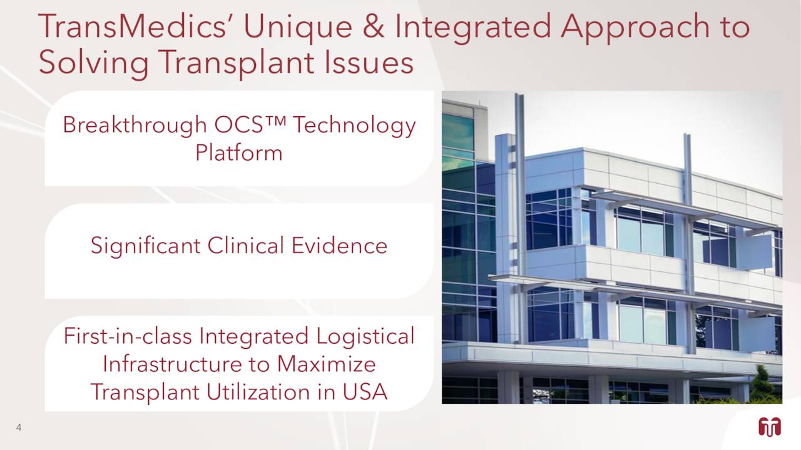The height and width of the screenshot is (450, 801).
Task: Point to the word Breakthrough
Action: coord(135,126)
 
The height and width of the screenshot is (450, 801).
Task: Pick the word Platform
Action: coord(239,153)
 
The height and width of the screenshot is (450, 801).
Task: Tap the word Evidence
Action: coord(339,246)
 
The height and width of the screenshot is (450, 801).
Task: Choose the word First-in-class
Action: coord(128,336)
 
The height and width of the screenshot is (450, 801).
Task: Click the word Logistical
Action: coord(365,336)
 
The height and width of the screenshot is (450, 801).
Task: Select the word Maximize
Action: coord(327,364)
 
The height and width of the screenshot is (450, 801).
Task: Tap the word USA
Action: coord(365,392)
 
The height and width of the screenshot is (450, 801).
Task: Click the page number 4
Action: coord(19,428)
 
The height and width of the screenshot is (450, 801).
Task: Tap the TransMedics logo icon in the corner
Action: coord(769,427)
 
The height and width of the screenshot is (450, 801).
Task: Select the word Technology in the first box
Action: coord(354,126)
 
